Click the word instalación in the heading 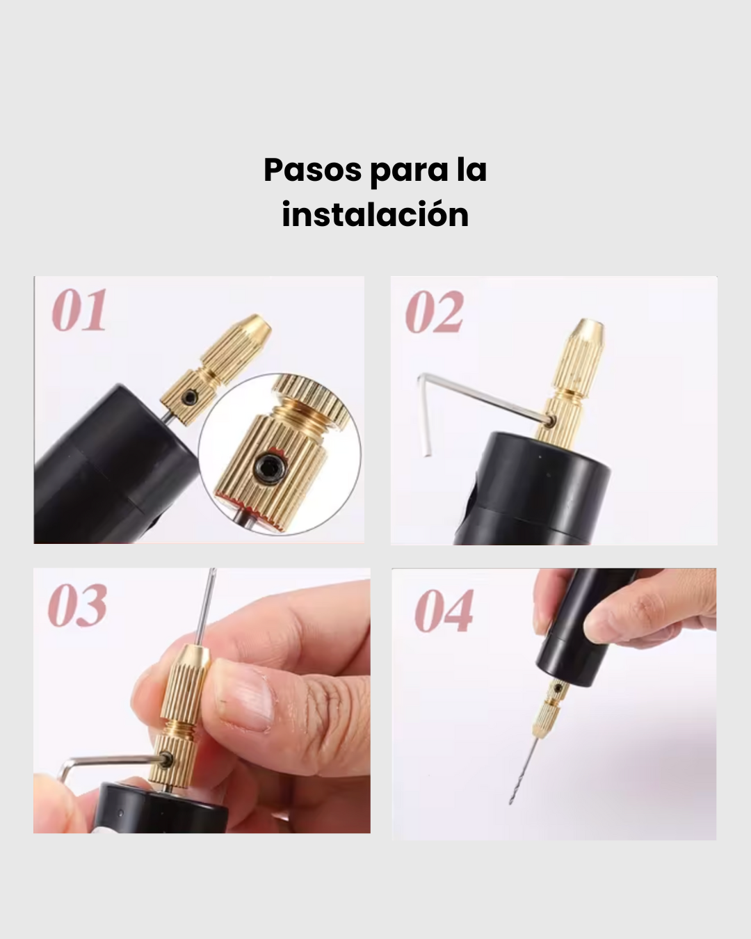(x=375, y=214)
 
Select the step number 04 (x=444, y=611)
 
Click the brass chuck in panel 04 (x=547, y=709)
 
